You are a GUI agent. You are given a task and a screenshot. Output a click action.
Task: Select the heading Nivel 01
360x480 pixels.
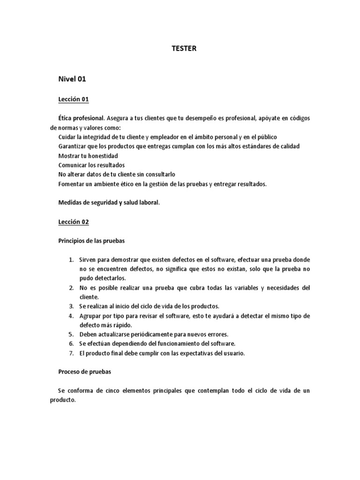pos(72,79)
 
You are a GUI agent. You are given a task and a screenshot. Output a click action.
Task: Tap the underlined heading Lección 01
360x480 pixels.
pos(74,99)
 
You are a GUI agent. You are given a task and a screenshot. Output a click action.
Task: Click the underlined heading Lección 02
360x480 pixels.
pos(74,222)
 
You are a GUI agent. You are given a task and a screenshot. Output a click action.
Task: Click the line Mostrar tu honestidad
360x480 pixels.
pos(88,156)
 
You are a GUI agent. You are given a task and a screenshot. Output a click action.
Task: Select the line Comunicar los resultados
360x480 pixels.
pos(91,165)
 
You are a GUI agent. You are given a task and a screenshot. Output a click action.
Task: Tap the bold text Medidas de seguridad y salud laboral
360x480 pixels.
pos(109,202)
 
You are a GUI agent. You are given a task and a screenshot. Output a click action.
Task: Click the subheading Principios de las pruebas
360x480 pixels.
pos(92,240)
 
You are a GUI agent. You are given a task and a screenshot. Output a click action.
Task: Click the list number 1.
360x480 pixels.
pos(71,260)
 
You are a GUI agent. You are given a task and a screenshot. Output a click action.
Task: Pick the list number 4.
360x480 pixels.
pos(71,316)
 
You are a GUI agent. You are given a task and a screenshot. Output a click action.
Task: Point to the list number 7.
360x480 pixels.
pos(71,353)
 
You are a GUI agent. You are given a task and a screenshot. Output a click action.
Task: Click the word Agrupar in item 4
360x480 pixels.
pos(90,316)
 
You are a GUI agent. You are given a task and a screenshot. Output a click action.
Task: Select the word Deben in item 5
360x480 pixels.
pos(88,335)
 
